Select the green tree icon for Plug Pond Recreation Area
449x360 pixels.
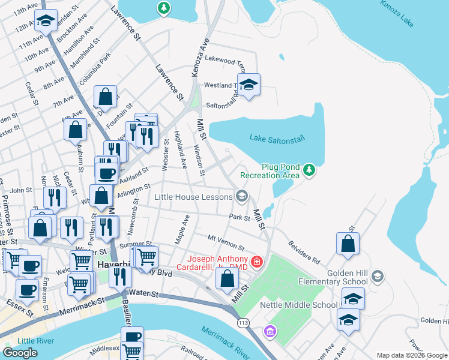pos(309,170)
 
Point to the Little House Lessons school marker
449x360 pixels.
pos(242,196)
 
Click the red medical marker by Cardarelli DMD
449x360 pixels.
pos(257,261)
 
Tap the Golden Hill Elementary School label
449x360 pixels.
pos(347,277)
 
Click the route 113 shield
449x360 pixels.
pos(243,324)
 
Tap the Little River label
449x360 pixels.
pos(35,341)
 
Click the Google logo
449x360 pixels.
pos(20,352)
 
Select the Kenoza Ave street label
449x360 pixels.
pos(199,58)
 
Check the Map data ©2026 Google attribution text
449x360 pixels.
pos(412,355)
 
